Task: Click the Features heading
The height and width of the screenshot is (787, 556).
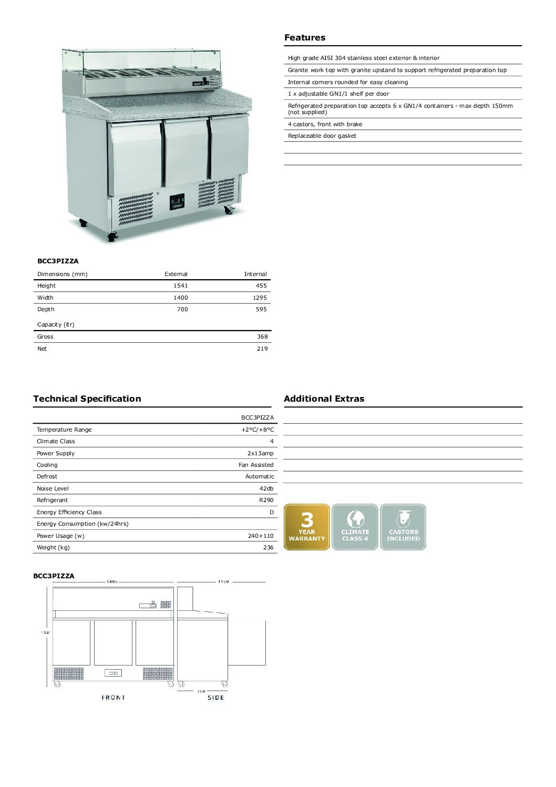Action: pyautogui.click(x=305, y=38)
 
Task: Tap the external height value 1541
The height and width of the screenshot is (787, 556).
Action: pyautogui.click(x=180, y=286)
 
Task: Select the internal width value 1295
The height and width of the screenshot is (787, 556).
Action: pyautogui.click(x=260, y=298)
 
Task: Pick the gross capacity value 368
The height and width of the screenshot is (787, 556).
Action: pyautogui.click(x=262, y=337)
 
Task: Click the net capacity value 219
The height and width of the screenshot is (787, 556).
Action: pyautogui.click(x=262, y=349)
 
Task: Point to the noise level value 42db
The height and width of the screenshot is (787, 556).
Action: pyautogui.click(x=266, y=488)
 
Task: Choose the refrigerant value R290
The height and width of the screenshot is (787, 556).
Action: pyautogui.click(x=266, y=500)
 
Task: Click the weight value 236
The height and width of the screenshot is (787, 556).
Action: pyautogui.click(x=268, y=547)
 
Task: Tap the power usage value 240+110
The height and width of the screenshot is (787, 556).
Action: pyautogui.click(x=261, y=536)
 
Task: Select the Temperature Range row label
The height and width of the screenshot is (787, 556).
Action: pyautogui.click(x=64, y=430)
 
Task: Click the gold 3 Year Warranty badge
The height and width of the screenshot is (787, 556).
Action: pyautogui.click(x=307, y=527)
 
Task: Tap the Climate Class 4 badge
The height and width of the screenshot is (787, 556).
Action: pyautogui.click(x=355, y=527)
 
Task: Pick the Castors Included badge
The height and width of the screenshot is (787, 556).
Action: pyautogui.click(x=403, y=527)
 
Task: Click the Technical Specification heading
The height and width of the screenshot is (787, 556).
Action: pyautogui.click(x=87, y=398)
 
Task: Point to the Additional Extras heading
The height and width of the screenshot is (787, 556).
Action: pyautogui.click(x=324, y=398)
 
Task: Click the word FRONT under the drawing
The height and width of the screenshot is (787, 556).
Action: pyautogui.click(x=114, y=698)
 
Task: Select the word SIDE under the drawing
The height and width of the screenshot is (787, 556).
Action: pyautogui.click(x=215, y=698)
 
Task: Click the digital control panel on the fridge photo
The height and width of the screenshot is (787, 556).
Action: pyautogui.click(x=177, y=202)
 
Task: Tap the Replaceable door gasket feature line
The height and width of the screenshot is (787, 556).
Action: pyautogui.click(x=322, y=136)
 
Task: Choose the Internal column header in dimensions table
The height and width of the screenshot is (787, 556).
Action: pyautogui.click(x=255, y=274)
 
